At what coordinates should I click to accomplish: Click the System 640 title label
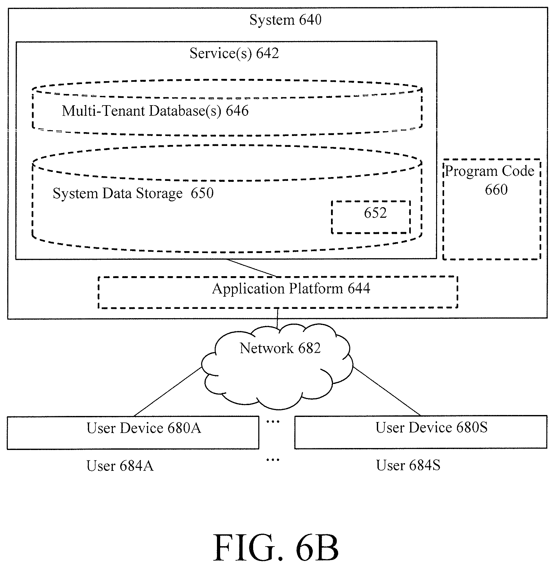click(x=285, y=20)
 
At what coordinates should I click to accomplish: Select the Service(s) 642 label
click(x=234, y=53)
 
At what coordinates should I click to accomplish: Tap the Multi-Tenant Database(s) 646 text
click(x=155, y=111)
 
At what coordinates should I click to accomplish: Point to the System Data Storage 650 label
click(x=133, y=193)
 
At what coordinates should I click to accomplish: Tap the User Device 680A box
click(x=133, y=417)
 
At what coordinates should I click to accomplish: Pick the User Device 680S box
click(x=421, y=417)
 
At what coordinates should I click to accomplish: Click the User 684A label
click(x=120, y=466)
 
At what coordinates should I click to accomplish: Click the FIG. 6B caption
click(x=276, y=547)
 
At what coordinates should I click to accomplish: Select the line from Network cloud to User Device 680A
click(x=168, y=392)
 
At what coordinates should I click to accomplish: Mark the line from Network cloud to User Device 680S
click(x=386, y=391)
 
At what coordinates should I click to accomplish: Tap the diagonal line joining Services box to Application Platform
click(x=252, y=268)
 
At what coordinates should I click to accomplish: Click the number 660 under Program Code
click(x=496, y=190)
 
